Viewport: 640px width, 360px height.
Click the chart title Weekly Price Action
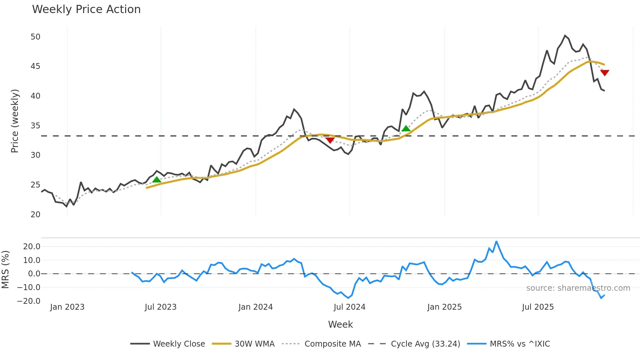pos(86,9)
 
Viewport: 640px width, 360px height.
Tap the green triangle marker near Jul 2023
pos(157,179)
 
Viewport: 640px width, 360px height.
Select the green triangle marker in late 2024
pos(406,128)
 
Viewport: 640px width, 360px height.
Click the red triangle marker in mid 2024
pos(330,140)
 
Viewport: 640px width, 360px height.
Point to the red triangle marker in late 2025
pos(605,73)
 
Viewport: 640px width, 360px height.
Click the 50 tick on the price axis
pos(35,37)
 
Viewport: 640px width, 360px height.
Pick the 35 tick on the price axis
pos(35,126)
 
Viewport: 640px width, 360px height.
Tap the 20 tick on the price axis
pos(35,215)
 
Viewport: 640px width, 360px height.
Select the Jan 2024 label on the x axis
pos(255,307)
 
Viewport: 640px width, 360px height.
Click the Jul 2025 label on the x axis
pos(538,307)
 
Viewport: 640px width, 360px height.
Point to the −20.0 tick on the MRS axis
pos(29,301)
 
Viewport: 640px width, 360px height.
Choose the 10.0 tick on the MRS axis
pos(32,260)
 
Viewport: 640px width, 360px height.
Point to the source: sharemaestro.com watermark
pos(578,288)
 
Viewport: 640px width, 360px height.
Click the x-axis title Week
pos(340,324)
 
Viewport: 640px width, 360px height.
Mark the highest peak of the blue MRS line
pos(496,241)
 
